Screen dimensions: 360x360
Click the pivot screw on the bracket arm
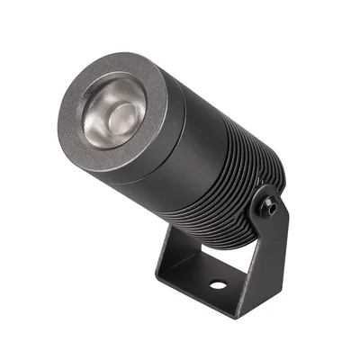point(269,204)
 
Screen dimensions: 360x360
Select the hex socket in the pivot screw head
point(269,204)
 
